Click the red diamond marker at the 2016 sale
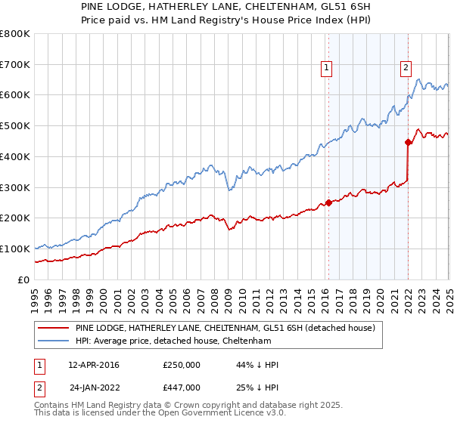328,202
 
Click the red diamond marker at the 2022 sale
408,141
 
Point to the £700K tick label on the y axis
15,65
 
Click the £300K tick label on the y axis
15,187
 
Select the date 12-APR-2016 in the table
94,365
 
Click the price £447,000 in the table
182,387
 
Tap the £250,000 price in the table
182,365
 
